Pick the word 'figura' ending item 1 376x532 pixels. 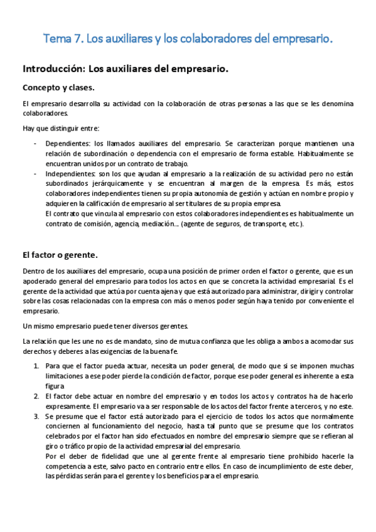coord(56,386)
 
